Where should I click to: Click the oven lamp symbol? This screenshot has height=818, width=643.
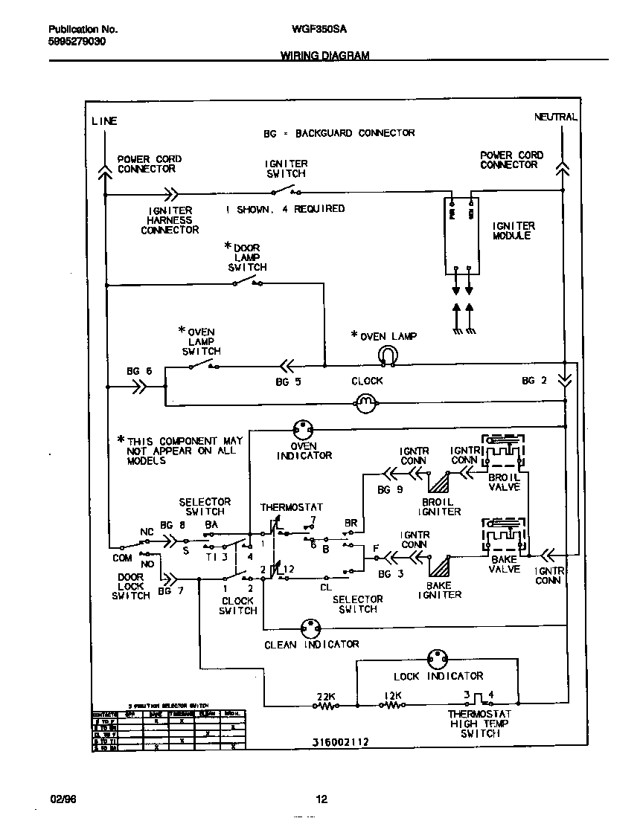click(388, 355)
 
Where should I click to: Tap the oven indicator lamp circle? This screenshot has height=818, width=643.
click(304, 429)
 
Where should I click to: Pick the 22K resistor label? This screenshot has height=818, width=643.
click(326, 696)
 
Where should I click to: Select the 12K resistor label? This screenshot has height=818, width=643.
click(393, 696)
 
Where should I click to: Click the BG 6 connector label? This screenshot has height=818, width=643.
click(139, 370)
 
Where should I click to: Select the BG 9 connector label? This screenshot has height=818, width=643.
click(390, 490)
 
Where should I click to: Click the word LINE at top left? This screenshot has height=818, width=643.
click(104, 121)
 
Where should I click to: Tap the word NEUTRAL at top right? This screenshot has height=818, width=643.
click(555, 117)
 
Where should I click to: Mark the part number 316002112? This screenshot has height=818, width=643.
click(341, 742)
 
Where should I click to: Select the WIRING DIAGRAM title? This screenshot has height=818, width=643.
click(324, 56)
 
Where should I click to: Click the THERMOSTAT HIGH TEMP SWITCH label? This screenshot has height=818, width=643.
click(479, 724)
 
